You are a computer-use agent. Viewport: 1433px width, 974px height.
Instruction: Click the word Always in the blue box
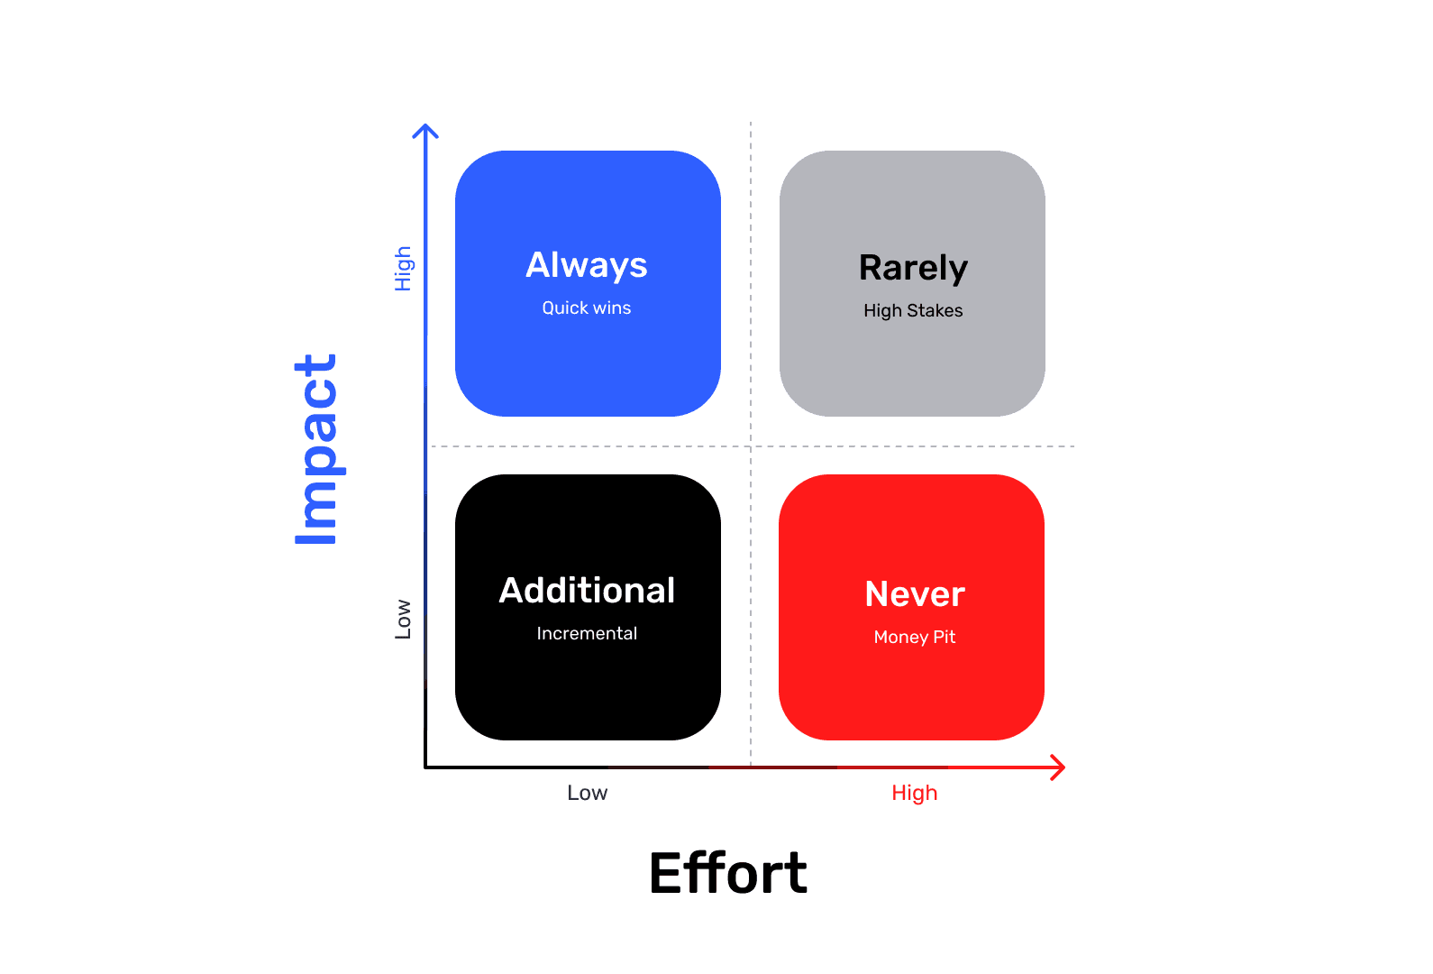pos(587,266)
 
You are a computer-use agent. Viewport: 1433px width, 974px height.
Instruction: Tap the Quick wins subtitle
pos(587,308)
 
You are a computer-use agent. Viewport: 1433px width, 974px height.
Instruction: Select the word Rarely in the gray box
pos(913,269)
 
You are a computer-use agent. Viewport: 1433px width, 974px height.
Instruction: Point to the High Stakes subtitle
pos(913,311)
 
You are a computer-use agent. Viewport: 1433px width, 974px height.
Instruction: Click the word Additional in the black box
pos(587,591)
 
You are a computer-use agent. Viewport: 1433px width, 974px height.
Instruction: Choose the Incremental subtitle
pos(587,634)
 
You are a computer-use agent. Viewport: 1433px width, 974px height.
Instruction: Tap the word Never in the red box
pos(915,594)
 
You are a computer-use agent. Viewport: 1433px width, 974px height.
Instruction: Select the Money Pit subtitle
pos(915,638)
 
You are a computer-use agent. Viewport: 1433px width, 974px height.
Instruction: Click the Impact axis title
pos(316,449)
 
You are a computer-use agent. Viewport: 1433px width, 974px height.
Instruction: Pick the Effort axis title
pos(728,873)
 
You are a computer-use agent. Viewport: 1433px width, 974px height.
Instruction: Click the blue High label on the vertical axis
pos(403,269)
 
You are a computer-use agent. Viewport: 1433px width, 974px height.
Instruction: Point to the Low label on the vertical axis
pos(403,620)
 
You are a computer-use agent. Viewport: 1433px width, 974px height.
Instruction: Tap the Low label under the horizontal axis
pos(588,794)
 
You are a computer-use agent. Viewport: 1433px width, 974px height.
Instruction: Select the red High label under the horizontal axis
pos(915,794)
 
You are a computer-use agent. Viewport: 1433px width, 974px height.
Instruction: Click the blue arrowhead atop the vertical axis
pos(425,130)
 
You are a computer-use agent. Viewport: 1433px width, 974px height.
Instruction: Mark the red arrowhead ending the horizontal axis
pos(1060,767)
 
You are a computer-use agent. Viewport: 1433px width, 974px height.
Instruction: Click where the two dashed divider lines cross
pos(751,446)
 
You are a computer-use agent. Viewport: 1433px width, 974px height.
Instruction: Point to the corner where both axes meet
pos(425,767)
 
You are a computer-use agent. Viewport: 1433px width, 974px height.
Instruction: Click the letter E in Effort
pos(667,873)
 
